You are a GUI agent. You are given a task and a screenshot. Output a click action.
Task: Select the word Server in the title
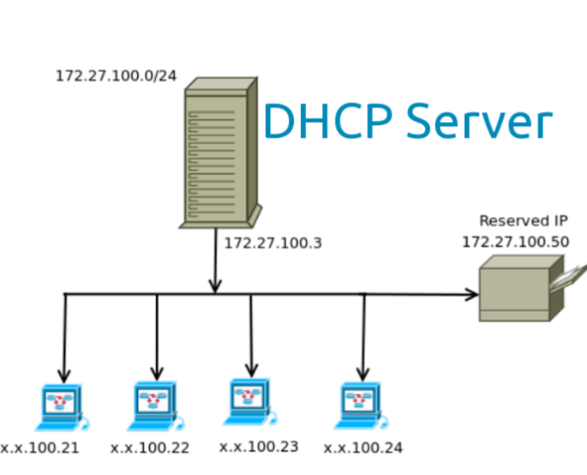click(479, 123)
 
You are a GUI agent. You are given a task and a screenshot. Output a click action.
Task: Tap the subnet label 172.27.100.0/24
click(116, 77)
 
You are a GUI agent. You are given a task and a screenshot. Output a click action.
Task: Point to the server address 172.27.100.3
click(273, 243)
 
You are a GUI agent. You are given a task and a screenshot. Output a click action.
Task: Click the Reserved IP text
click(524, 221)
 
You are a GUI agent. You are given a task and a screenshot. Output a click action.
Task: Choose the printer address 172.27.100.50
click(515, 242)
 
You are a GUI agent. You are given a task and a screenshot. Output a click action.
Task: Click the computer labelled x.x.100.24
click(361, 406)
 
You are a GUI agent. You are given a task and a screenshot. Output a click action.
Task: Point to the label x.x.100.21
click(40, 448)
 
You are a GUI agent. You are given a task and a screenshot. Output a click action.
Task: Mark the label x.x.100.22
click(150, 448)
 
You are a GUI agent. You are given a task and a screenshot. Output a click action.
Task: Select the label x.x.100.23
click(258, 446)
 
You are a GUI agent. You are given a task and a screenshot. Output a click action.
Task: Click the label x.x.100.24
click(363, 448)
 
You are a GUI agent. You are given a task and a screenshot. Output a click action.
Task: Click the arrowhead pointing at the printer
click(472, 294)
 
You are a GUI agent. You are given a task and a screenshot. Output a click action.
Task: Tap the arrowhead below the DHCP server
click(215, 285)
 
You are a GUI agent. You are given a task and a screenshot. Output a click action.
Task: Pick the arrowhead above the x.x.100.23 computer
click(251, 369)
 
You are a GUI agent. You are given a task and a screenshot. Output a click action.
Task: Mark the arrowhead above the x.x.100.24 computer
click(363, 373)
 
